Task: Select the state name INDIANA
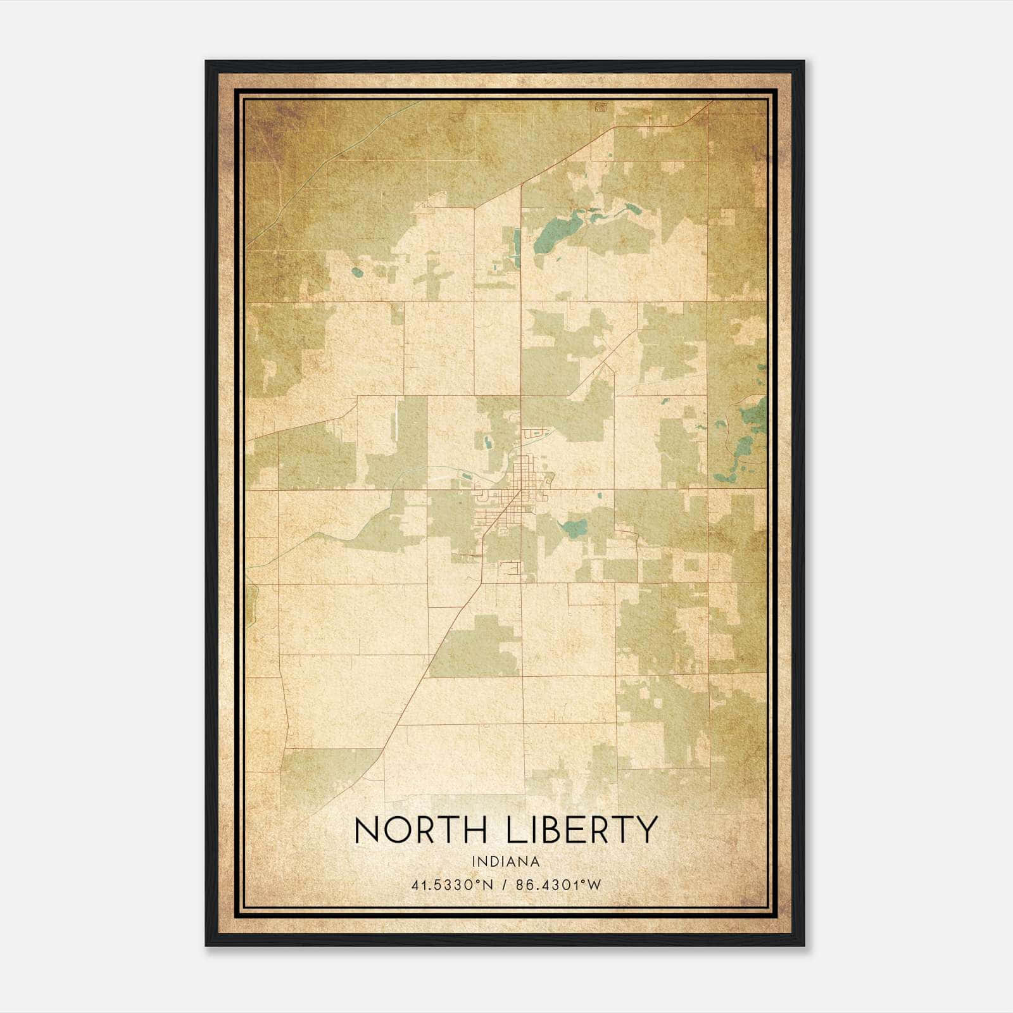click(505, 862)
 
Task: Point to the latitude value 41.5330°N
click(452, 885)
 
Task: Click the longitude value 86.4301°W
click(558, 885)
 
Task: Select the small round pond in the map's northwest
click(357, 273)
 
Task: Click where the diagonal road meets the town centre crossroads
click(521, 489)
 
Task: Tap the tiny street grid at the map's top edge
click(599, 108)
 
